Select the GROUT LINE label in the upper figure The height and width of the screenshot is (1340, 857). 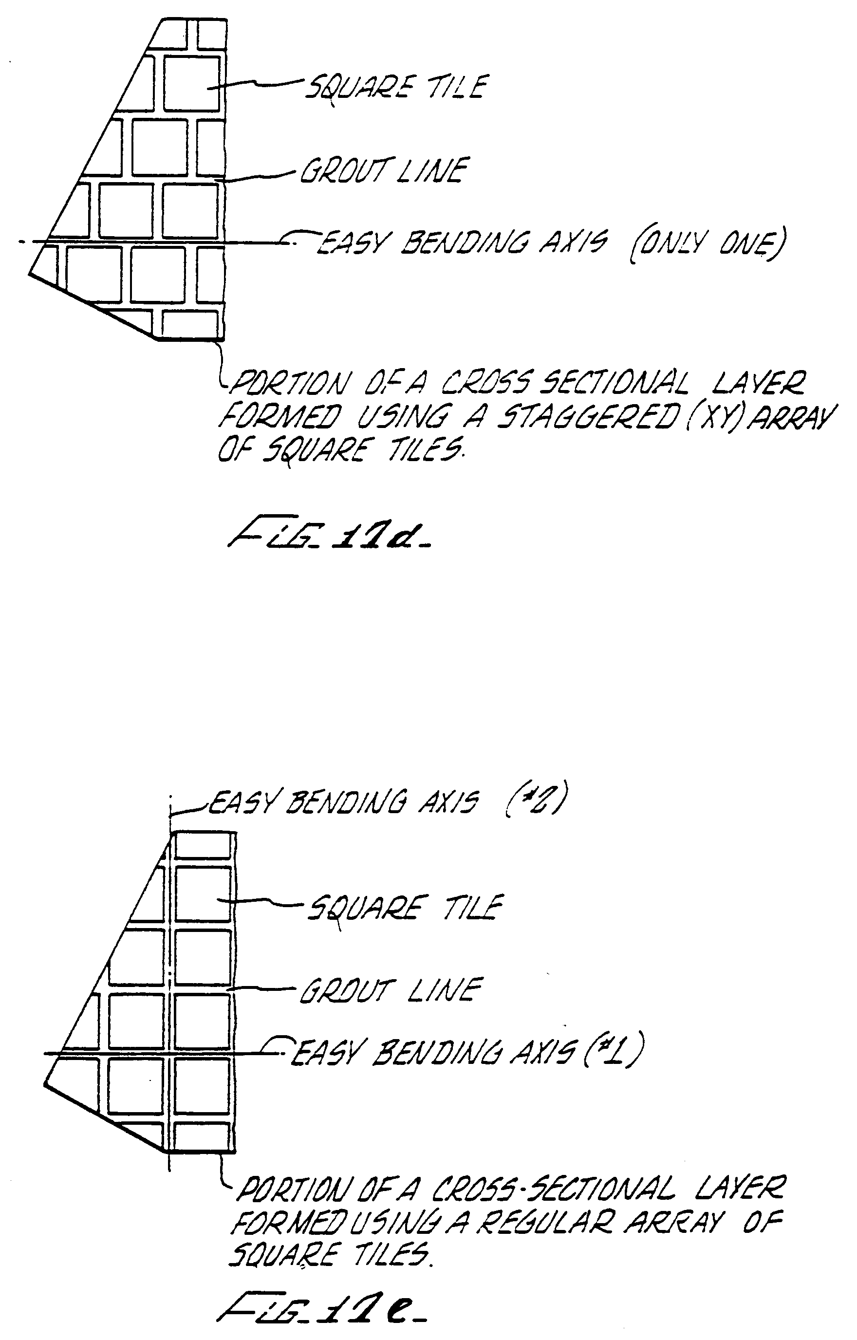(x=384, y=170)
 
